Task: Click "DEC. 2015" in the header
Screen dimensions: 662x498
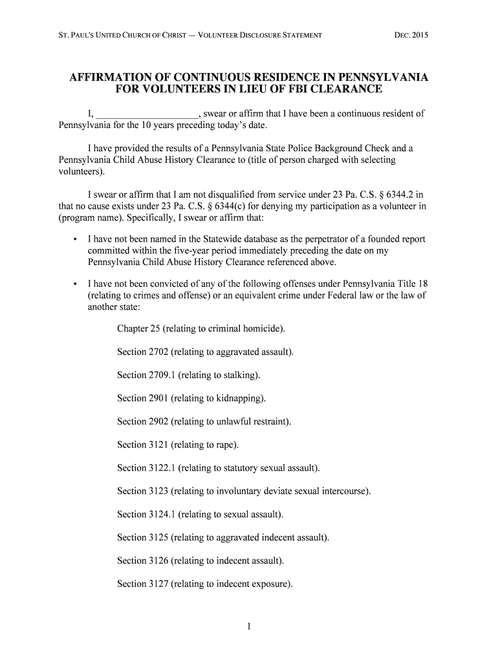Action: point(411,34)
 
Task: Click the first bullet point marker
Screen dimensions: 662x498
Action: point(76,240)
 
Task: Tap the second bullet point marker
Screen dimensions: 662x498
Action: point(76,284)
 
